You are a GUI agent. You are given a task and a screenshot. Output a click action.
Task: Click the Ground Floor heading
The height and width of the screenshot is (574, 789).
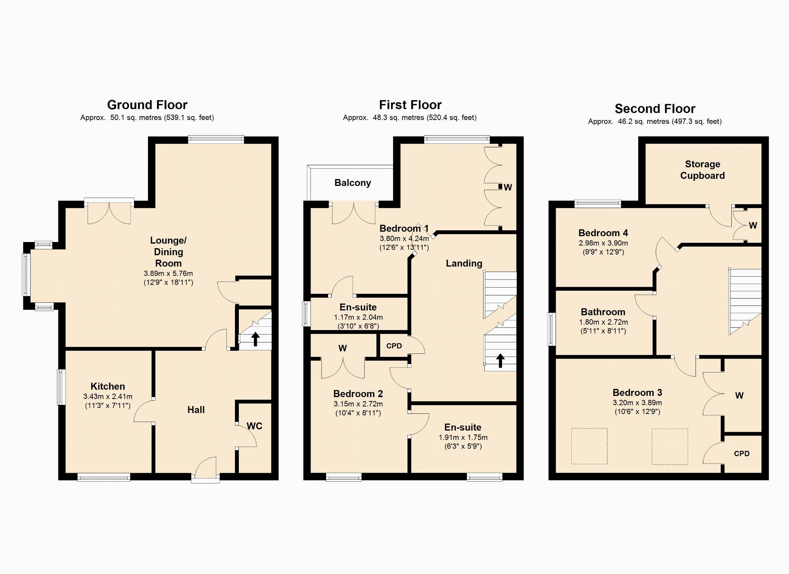(147, 105)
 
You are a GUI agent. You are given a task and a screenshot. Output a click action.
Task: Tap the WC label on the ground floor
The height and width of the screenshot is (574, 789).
(254, 426)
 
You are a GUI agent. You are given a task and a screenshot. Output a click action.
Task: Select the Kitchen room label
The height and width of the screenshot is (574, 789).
(108, 386)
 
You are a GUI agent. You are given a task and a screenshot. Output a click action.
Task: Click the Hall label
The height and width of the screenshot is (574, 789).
(196, 410)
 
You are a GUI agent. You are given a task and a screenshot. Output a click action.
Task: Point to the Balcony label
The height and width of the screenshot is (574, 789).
(353, 183)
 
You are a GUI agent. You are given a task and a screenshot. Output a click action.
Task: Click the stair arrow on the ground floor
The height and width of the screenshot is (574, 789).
(255, 339)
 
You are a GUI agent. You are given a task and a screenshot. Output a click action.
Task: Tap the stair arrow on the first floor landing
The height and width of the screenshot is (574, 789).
(500, 360)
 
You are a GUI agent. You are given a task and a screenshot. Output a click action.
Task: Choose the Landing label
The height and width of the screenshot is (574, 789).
(464, 263)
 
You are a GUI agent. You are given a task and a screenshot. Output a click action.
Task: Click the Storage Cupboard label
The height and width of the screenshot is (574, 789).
(703, 170)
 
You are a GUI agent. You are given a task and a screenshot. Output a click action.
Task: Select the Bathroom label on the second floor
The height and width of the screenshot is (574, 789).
(603, 312)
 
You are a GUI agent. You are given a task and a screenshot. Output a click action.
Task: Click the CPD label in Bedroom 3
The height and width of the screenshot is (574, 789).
(742, 454)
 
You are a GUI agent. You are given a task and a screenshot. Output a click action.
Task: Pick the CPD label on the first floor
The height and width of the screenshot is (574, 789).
(394, 346)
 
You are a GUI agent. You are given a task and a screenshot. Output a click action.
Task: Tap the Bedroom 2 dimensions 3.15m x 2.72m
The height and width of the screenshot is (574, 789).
(358, 404)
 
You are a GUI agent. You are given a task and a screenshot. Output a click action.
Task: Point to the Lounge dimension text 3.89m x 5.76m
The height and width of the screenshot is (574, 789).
(168, 274)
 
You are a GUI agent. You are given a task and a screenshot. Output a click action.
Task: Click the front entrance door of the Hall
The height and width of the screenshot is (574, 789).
(206, 470)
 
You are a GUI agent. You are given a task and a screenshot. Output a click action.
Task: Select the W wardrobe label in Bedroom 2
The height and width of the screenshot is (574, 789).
(342, 348)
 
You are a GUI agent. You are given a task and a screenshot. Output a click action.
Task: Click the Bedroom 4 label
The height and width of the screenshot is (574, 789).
(603, 233)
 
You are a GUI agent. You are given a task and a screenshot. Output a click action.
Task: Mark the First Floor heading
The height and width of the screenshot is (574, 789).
(410, 105)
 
